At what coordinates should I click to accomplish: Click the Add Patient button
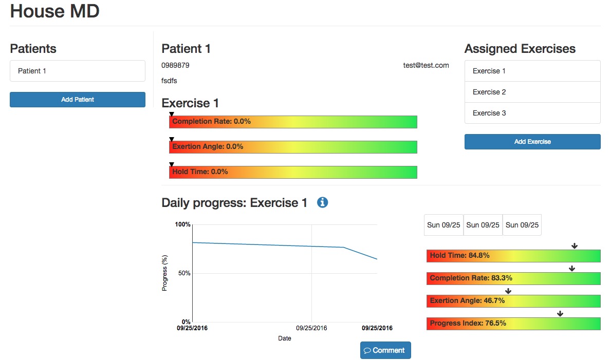[x=78, y=100]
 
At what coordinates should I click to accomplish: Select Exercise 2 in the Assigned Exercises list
[x=532, y=92]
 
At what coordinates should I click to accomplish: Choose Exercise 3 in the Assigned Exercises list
[x=532, y=113]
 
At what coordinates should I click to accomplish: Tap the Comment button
[x=385, y=350]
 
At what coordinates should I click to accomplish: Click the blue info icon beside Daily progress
[x=323, y=202]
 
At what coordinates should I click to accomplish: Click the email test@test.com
[x=426, y=65]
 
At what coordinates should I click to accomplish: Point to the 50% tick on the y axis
[x=183, y=273]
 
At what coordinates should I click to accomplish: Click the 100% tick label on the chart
[x=182, y=224]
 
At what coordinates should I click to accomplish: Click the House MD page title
[x=55, y=11]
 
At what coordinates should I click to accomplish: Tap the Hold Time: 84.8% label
[x=459, y=255]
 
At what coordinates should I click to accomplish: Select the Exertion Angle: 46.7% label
[x=467, y=300]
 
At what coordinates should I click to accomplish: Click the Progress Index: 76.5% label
[x=468, y=323]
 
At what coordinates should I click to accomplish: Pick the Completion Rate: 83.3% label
[x=471, y=278]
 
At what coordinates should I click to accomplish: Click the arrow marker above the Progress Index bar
[x=560, y=314]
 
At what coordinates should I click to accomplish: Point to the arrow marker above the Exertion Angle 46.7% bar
[x=508, y=291]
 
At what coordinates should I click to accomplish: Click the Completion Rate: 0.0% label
[x=211, y=122]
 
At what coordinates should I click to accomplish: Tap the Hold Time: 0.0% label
[x=200, y=172]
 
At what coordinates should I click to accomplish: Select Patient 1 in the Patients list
[x=78, y=71]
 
